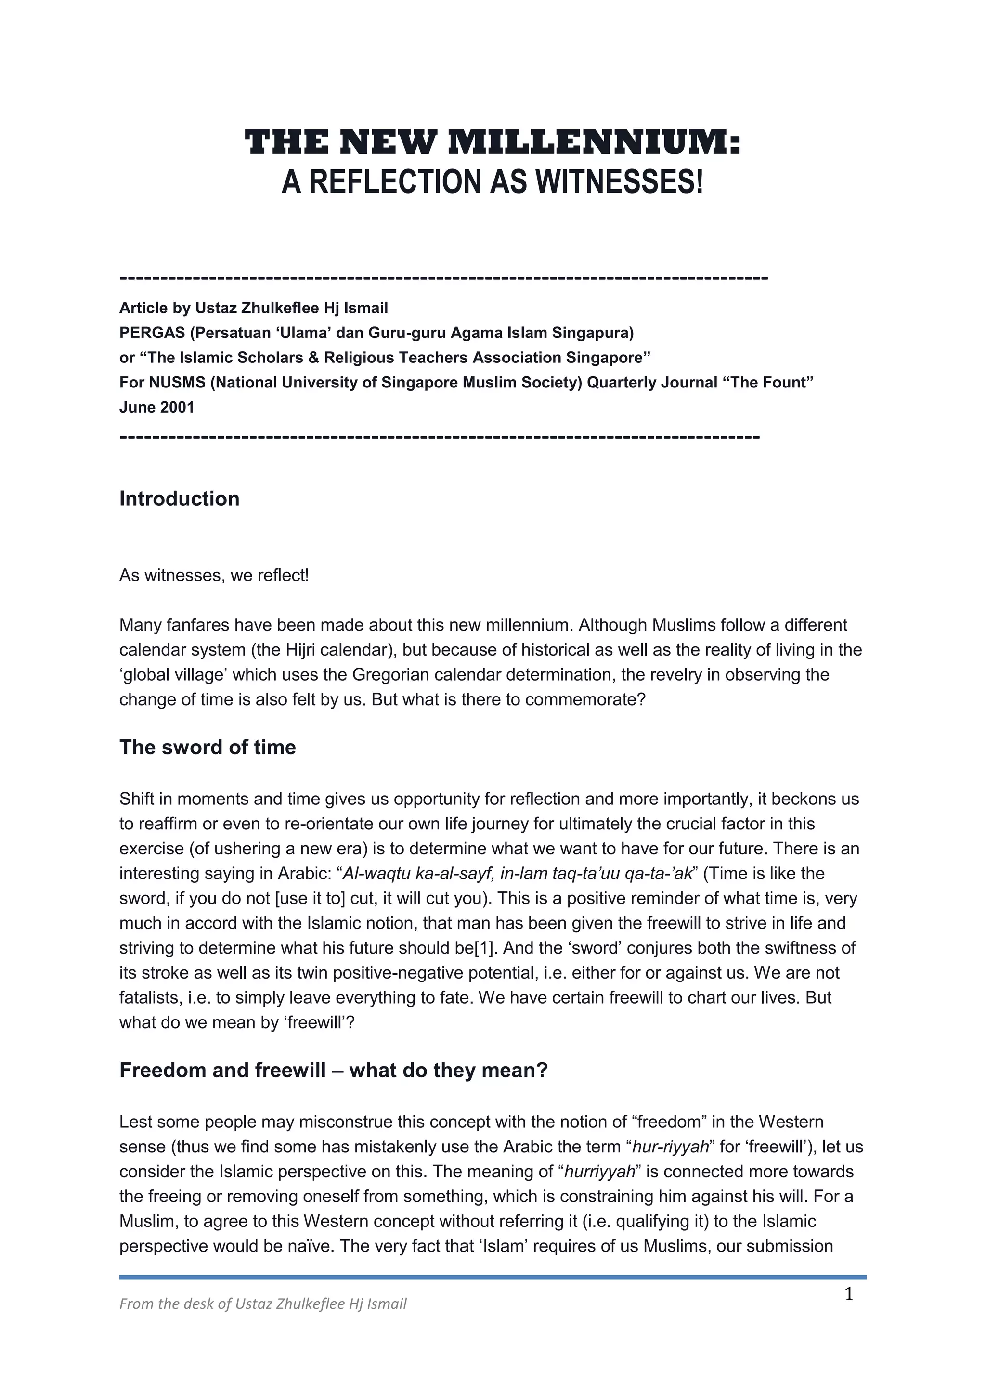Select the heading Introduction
pos(179,499)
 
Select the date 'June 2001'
pos(156,407)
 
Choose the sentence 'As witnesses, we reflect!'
pos(214,575)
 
